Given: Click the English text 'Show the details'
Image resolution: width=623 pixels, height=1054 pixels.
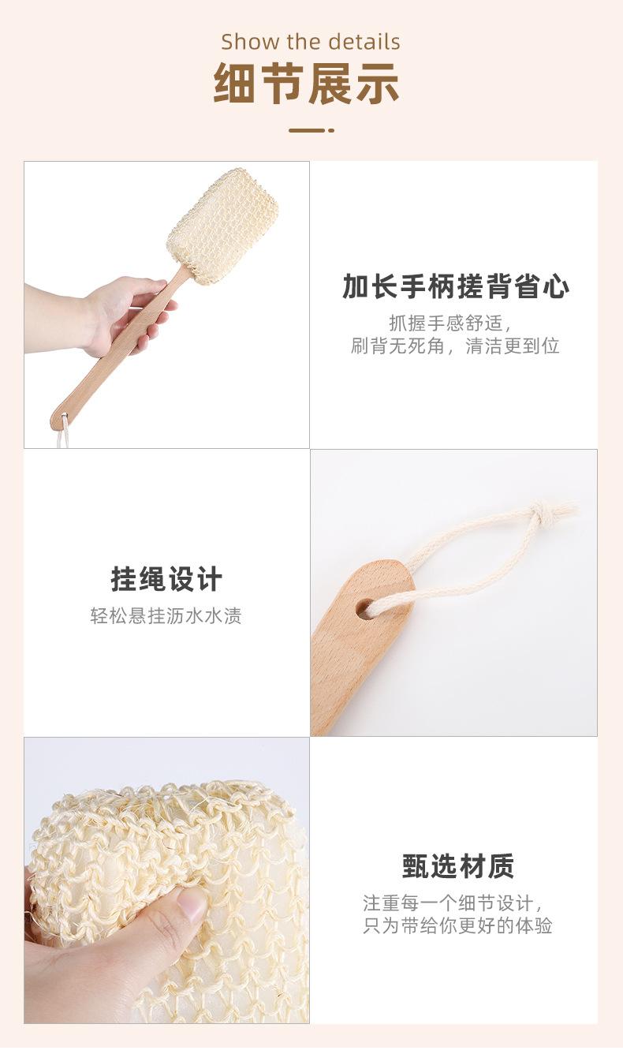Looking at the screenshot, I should point(311,42).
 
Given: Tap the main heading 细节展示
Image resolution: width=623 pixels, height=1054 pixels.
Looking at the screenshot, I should point(307,84).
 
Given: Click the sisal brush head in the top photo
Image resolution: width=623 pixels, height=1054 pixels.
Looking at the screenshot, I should point(222,226).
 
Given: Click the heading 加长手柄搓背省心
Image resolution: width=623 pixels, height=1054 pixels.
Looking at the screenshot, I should point(456,287).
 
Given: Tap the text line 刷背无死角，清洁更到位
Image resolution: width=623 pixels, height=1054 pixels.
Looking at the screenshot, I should point(455,346).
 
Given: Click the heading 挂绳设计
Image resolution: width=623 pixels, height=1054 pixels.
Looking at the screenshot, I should point(166,580).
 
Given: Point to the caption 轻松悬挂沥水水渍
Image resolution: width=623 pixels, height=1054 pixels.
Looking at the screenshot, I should point(166,616).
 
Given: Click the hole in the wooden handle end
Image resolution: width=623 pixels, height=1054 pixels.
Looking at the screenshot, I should point(364,608).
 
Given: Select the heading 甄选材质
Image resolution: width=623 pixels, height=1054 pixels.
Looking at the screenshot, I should point(457,866).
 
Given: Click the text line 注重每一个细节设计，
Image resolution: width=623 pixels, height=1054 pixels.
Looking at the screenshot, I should point(454,903).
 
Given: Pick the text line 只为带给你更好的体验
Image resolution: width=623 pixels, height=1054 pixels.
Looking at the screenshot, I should point(457,926).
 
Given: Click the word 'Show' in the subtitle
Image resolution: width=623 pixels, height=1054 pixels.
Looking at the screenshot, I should point(244,42).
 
